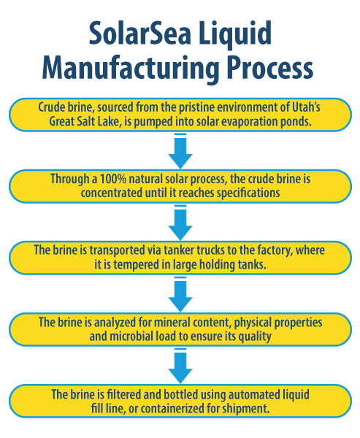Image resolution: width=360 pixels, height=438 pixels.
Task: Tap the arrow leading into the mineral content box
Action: (180, 293)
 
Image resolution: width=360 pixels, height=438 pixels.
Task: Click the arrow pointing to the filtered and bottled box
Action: (180, 365)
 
